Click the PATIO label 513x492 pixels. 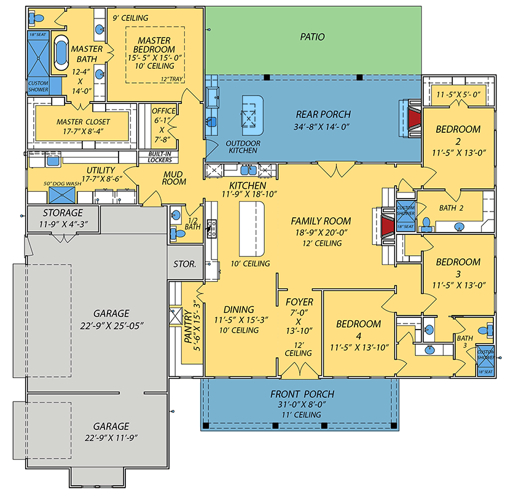312,37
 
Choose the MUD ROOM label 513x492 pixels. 174,178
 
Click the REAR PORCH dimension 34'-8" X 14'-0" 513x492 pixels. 323,128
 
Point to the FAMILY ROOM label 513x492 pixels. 321,221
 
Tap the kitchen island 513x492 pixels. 251,229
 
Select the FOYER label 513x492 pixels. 300,302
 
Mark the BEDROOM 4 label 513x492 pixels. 358,323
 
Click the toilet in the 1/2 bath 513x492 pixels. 176,216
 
